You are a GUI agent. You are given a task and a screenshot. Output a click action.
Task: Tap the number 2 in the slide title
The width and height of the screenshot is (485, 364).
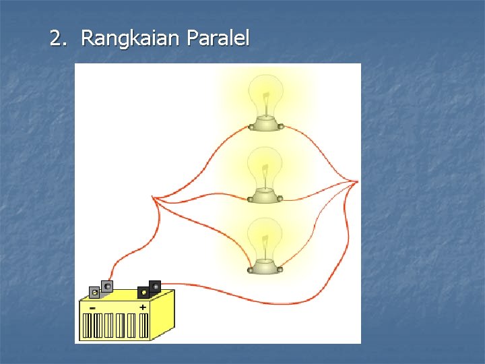pos(56,39)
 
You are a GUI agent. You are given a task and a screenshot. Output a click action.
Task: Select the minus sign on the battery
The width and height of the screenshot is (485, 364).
pos(92,307)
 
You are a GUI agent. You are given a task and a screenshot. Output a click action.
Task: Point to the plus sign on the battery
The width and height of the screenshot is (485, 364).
pos(143,307)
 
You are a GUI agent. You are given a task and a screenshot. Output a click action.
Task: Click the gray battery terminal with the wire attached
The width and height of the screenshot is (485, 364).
pos(107,286)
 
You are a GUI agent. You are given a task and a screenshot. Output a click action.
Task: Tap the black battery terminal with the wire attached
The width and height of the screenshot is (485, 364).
pos(155,286)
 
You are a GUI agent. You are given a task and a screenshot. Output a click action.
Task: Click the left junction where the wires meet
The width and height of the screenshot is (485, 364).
pos(154,199)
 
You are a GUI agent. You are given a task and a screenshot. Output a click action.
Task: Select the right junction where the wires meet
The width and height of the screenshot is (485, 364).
pos(356,181)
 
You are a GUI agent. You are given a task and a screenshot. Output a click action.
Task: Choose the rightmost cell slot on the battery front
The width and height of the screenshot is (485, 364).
pos(143,326)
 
